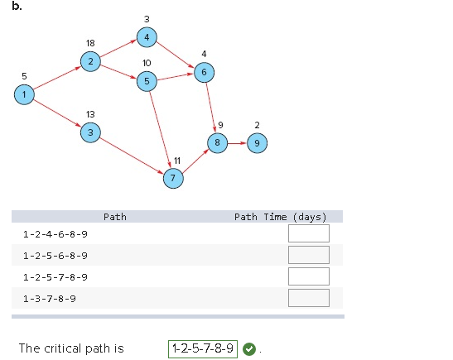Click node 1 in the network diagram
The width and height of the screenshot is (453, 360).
pyautogui.click(x=25, y=95)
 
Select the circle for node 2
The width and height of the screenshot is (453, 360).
pyautogui.click(x=90, y=61)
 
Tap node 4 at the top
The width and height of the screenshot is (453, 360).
pyautogui.click(x=147, y=37)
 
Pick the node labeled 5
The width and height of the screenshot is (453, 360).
pyautogui.click(x=147, y=81)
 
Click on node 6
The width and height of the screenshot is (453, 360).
pyautogui.click(x=204, y=73)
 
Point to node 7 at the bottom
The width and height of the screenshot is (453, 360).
pyautogui.click(x=172, y=178)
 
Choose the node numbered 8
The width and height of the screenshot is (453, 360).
pyautogui.click(x=218, y=142)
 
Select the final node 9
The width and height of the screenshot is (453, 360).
pyautogui.click(x=257, y=142)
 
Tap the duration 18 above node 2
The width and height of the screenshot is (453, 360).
pyautogui.click(x=90, y=42)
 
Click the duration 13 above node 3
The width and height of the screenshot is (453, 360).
pyautogui.click(x=90, y=113)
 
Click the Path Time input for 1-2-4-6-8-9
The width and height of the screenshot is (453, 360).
pyautogui.click(x=308, y=233)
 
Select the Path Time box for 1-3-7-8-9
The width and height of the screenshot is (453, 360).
pyautogui.click(x=308, y=298)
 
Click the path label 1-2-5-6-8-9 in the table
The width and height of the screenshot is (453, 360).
pyautogui.click(x=55, y=255)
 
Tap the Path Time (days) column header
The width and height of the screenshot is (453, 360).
pyautogui.click(x=280, y=217)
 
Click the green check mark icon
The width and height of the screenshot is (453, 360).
pyautogui.click(x=249, y=348)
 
